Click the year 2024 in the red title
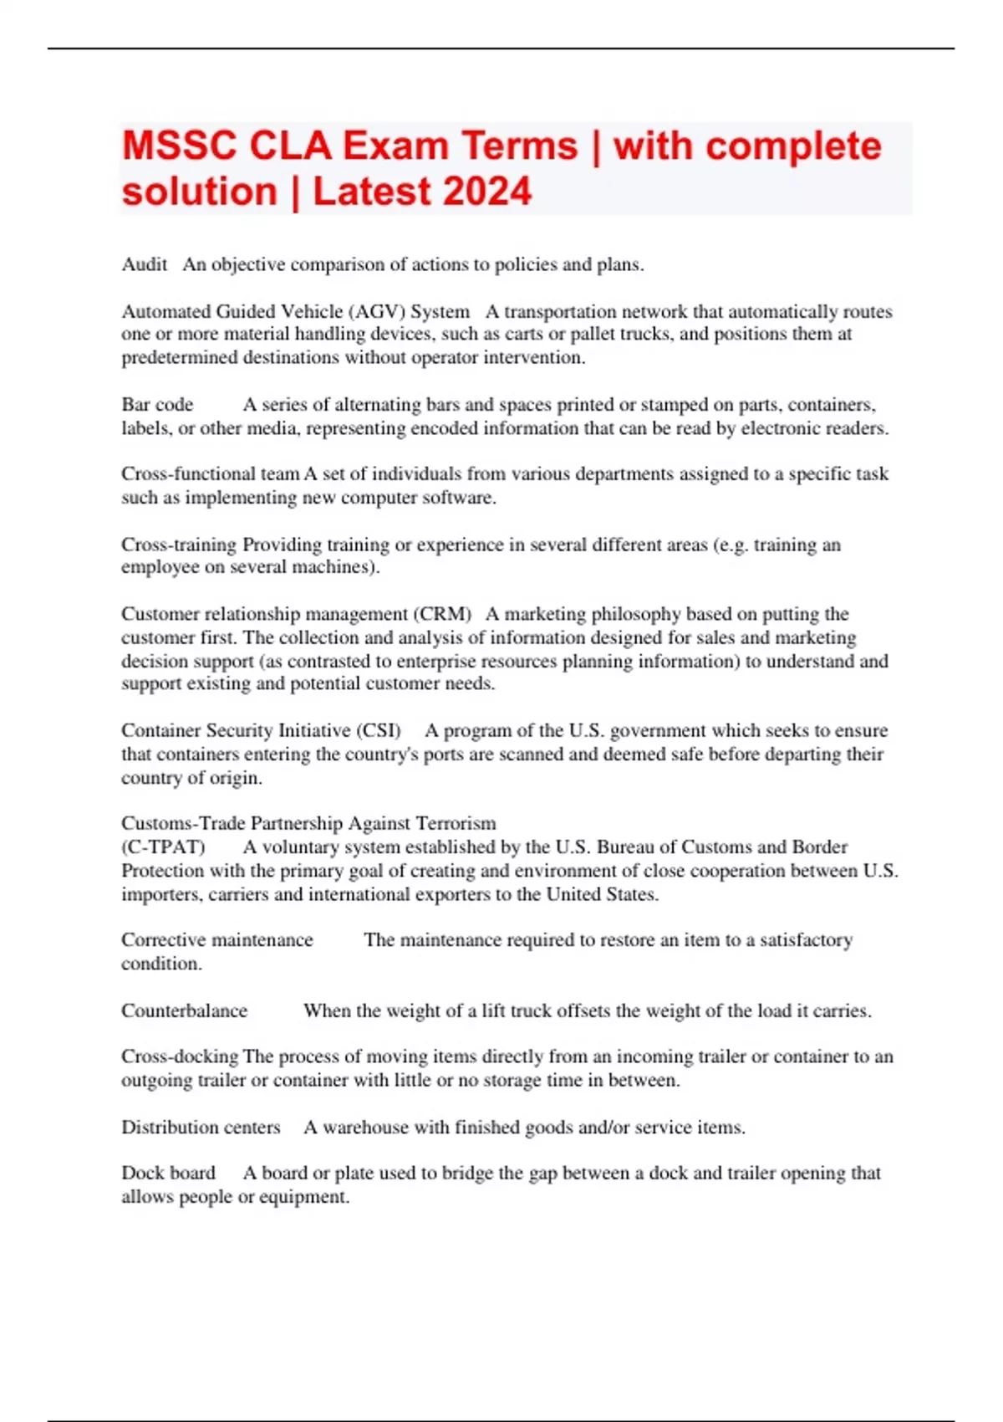click(x=487, y=191)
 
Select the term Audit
click(x=145, y=264)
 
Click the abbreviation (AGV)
click(x=375, y=311)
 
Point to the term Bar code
click(x=157, y=405)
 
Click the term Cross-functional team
click(x=210, y=473)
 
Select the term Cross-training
click(x=179, y=545)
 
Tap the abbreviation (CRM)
click(x=442, y=614)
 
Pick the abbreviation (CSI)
click(x=379, y=730)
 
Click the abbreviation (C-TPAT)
click(x=163, y=847)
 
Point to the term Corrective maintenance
click(x=217, y=940)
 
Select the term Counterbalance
click(x=184, y=1010)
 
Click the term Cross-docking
click(x=179, y=1056)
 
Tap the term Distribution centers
click(x=201, y=1128)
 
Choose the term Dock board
click(x=168, y=1173)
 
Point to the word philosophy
click(x=634, y=614)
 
